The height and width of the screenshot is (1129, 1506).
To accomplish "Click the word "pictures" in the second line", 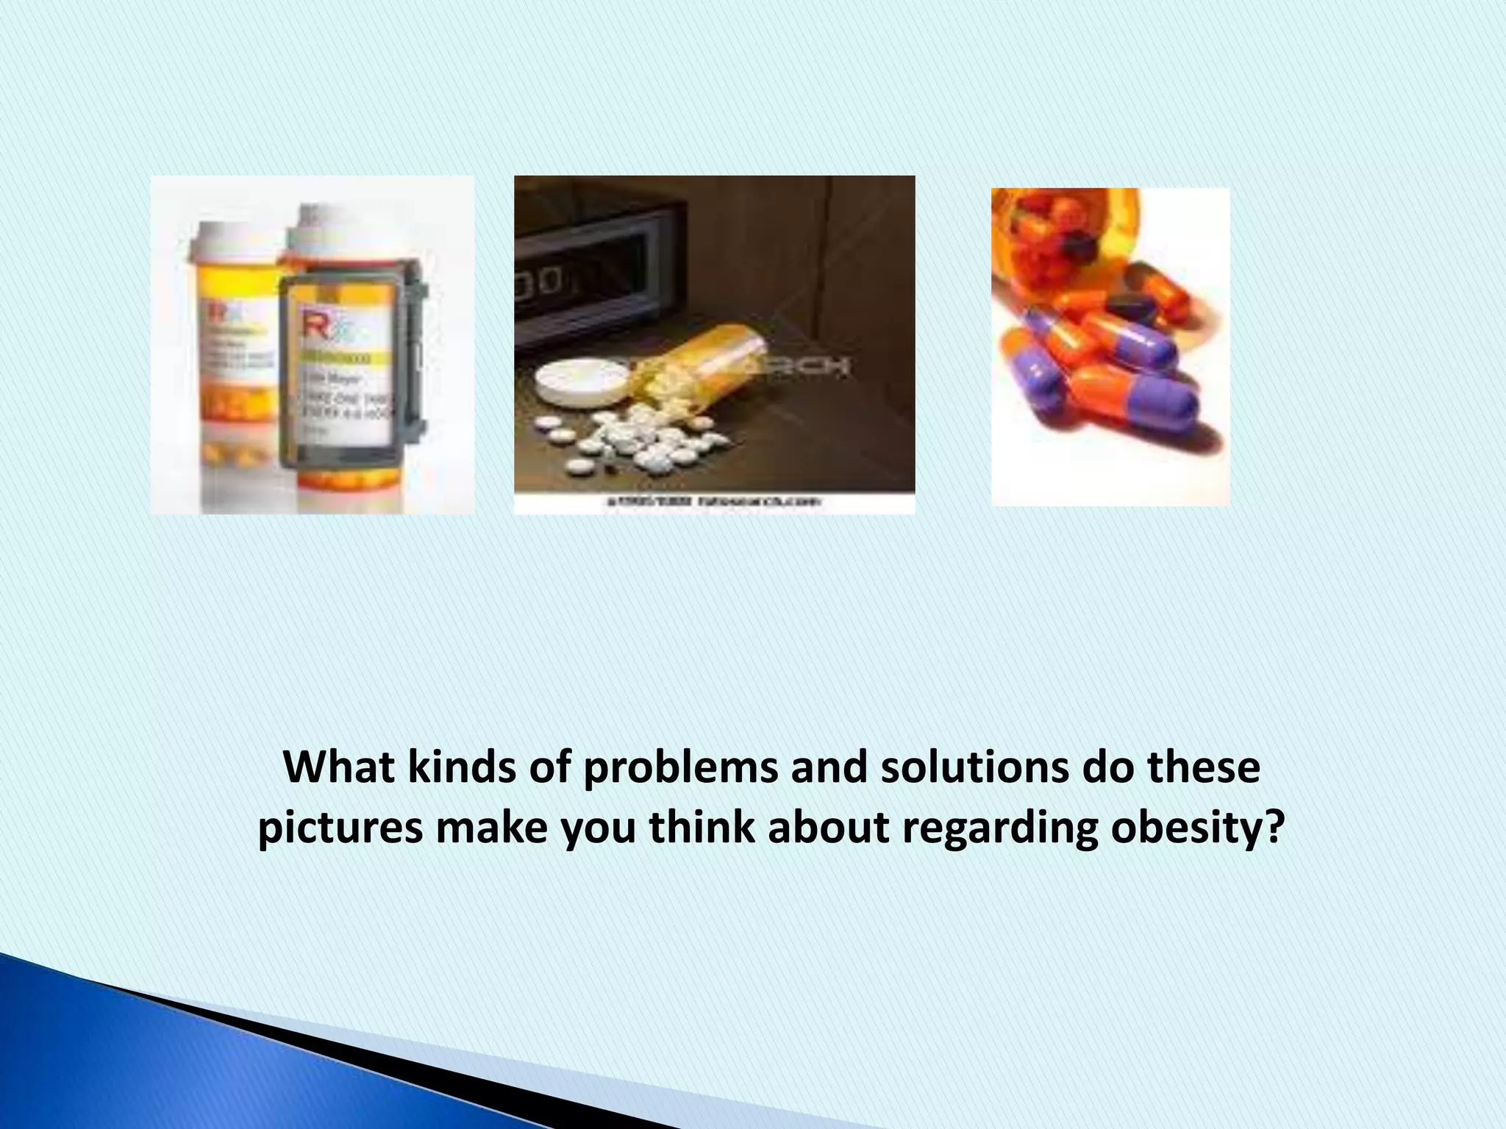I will click(x=340, y=828).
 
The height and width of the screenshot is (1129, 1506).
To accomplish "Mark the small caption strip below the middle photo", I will click(x=714, y=503).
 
